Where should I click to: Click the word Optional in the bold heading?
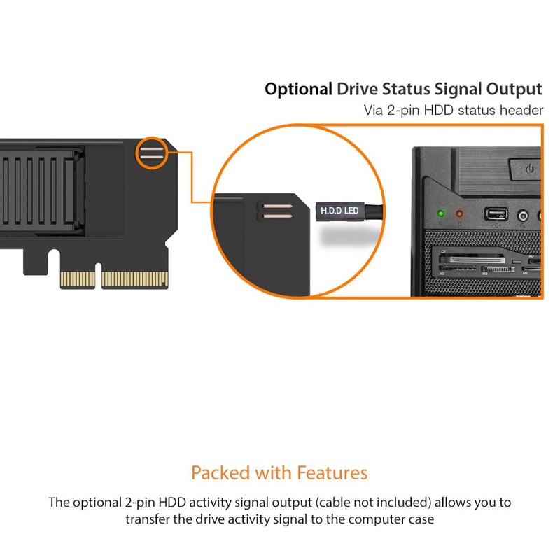298,90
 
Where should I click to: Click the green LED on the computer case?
440,213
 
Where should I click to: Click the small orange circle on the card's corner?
152,153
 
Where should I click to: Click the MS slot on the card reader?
496,269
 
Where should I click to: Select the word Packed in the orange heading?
220,473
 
